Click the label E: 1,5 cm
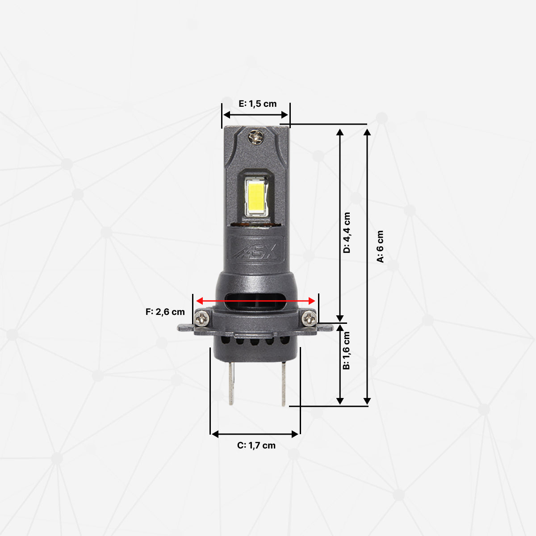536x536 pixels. click(258, 104)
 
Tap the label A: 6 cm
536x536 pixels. click(380, 247)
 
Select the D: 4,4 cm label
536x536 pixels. click(347, 232)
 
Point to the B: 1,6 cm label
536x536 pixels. click(346, 351)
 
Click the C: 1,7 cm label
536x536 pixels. click(256, 445)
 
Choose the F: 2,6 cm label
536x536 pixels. click(165, 312)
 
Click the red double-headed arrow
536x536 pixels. click(256, 301)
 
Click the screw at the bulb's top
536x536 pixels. click(255, 137)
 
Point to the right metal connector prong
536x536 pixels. click(283, 383)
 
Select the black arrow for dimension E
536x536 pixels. click(255, 115)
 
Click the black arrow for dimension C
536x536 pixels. click(255, 434)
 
